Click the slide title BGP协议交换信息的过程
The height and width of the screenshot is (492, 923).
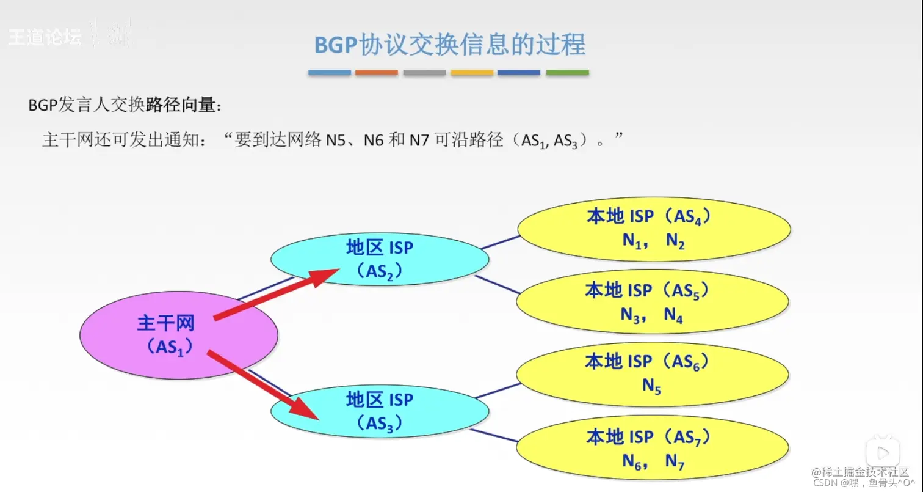pos(450,45)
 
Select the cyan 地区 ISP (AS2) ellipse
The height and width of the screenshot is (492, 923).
pos(380,259)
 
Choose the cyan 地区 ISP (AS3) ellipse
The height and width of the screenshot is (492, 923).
pos(380,411)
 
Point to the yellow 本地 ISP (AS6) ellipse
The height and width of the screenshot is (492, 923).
pos(653,374)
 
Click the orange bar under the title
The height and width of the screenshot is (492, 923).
pos(376,73)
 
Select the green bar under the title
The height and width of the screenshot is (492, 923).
pos(567,73)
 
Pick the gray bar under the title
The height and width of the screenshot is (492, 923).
pos(424,73)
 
